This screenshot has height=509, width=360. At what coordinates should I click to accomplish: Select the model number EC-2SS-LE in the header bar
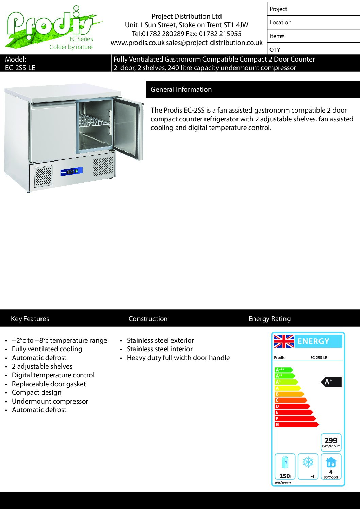pyautogui.click(x=20, y=68)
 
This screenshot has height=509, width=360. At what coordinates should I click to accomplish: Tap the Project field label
pyautogui.click(x=278, y=9)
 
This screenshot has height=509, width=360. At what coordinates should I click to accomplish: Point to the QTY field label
pyautogui.click(x=275, y=50)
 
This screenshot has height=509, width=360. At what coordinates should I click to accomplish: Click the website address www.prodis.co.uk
pyautogui.click(x=137, y=43)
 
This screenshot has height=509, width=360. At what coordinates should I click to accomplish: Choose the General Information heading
pyautogui.click(x=181, y=89)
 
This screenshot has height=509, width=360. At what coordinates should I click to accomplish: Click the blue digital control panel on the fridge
pyautogui.click(x=71, y=171)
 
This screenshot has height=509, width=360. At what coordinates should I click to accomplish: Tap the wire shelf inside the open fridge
pyautogui.click(x=94, y=121)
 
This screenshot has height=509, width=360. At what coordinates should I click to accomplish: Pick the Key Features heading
pyautogui.click(x=30, y=319)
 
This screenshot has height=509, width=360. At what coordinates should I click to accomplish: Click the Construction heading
pyautogui.click(x=148, y=319)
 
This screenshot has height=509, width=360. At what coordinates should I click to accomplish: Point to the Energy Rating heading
pyautogui.click(x=269, y=319)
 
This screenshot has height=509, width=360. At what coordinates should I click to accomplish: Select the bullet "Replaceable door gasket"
pyautogui.click(x=49, y=384)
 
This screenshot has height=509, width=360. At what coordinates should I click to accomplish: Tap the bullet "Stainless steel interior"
pyautogui.click(x=160, y=349)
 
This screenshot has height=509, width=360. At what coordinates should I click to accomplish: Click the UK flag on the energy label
pyautogui.click(x=284, y=341)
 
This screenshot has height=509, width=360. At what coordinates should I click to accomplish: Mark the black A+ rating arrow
pyautogui.click(x=331, y=382)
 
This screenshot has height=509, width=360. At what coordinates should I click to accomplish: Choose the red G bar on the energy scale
pyautogui.click(x=296, y=424)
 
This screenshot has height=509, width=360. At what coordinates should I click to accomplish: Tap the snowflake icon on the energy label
pyautogui.click(x=308, y=462)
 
